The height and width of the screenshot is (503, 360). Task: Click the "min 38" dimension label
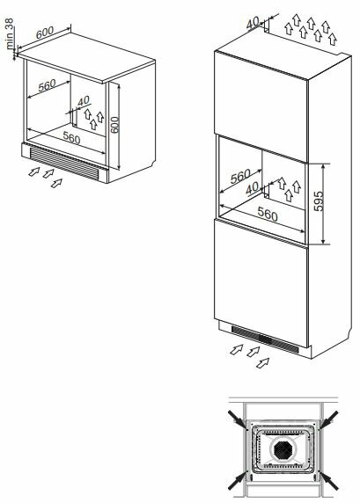10,33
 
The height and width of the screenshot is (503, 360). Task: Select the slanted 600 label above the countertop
45,33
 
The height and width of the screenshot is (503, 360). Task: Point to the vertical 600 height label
114,125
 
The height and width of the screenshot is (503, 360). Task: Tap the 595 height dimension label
319,201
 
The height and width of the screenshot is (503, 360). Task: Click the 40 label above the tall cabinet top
253,23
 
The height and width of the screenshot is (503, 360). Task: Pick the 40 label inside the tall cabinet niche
252,188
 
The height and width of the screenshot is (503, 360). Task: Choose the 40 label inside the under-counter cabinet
84,101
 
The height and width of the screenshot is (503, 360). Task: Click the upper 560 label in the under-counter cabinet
48,85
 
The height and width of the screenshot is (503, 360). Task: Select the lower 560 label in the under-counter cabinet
71,138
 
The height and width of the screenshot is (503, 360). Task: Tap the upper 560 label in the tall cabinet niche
240,176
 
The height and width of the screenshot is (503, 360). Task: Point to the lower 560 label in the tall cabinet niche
268,214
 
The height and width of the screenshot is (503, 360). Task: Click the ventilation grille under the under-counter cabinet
64,163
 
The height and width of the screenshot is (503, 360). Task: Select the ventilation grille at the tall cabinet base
265,339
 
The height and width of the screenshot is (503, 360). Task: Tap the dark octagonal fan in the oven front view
283,449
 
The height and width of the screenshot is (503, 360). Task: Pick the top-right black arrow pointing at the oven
328,419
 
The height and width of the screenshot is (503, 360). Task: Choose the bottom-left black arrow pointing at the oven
238,480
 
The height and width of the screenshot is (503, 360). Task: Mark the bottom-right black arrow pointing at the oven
328,480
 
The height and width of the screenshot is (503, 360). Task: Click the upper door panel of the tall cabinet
261,106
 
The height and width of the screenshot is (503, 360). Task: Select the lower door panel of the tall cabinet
261,283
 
